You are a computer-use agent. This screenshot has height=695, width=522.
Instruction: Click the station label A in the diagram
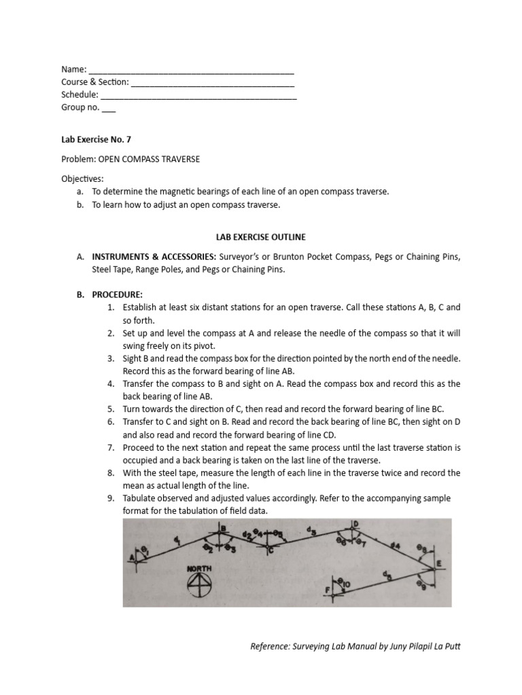pos(132,557)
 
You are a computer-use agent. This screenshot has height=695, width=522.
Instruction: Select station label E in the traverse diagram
pos(438,563)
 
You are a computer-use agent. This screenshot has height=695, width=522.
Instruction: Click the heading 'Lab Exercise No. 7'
pos(96,139)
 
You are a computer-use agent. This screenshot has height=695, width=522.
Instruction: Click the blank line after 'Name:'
pos(192,69)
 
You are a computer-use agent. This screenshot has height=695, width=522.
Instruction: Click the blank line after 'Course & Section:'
pos(212,82)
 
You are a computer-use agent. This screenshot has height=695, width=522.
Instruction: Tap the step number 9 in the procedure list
pos(111,498)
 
